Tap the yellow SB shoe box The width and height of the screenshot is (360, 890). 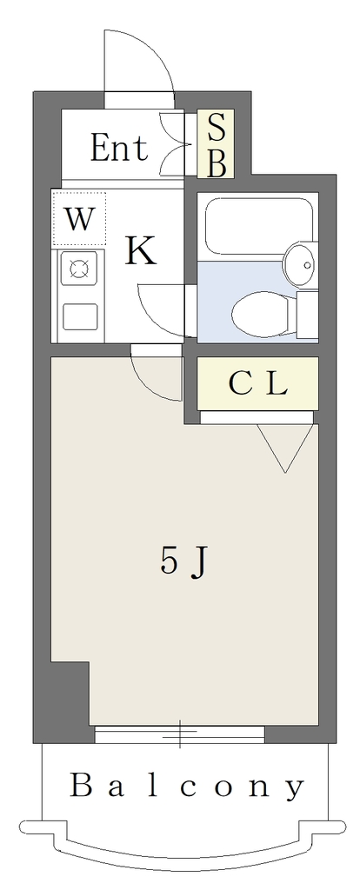(215, 144)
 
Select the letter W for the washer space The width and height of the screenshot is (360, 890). (78, 218)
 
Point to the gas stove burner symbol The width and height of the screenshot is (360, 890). (79, 268)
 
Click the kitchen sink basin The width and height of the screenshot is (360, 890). (79, 316)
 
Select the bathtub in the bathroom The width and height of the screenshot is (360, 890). (259, 226)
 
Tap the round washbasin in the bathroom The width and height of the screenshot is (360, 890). (301, 264)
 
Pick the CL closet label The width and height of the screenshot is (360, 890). (257, 385)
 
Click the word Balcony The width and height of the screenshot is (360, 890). (187, 787)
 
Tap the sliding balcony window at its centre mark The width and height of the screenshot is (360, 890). (180, 734)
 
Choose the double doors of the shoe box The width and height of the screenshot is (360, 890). (174, 144)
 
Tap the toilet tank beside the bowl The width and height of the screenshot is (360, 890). (308, 315)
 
